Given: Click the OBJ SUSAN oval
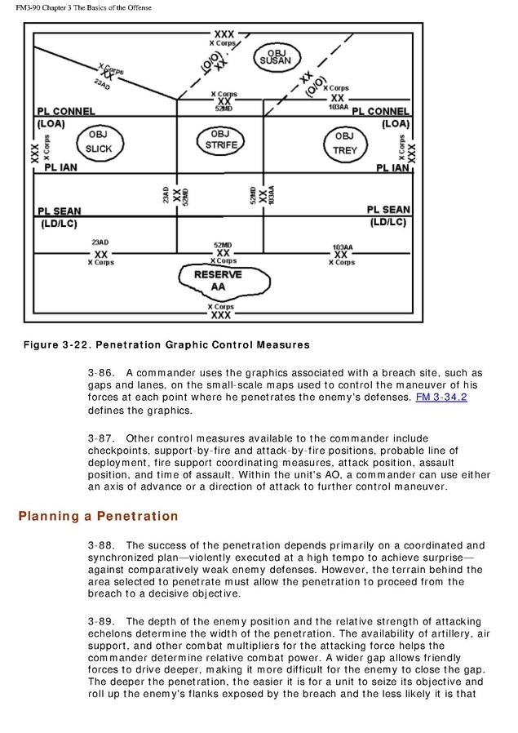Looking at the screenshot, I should click(275, 56).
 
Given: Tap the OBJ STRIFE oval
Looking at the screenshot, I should click(220, 140).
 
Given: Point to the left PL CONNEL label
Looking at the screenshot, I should click(66, 111).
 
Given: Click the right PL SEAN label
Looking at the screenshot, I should click(388, 210).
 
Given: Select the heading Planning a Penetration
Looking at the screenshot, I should click(98, 516).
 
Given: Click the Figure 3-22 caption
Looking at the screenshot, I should click(166, 344).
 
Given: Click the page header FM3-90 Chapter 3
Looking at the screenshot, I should click(84, 8).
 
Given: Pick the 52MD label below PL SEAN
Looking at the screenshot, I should click(222, 244).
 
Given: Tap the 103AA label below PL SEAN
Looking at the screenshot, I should click(343, 246).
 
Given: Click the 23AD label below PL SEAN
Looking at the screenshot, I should click(100, 242).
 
